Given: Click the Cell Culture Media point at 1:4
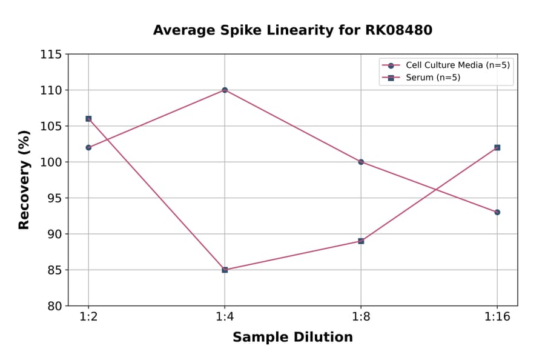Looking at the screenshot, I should (x=225, y=90).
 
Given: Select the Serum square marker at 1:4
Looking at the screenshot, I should (x=225, y=270).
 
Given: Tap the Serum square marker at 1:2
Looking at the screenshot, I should (x=88, y=119).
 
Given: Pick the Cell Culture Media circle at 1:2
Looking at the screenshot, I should (x=88, y=147).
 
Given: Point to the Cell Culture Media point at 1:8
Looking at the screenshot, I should (x=361, y=162).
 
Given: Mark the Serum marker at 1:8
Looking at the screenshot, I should (x=361, y=241).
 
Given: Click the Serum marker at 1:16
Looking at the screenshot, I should (x=497, y=147).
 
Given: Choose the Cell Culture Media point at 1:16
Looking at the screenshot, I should (x=497, y=212).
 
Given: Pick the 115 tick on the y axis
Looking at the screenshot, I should (x=51, y=55).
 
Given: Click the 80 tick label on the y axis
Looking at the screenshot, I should (x=54, y=306).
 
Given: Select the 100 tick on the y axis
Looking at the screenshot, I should (x=51, y=162).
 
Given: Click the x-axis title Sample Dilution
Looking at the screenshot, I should (x=292, y=338).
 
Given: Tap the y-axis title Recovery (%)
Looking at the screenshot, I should (x=24, y=180).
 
